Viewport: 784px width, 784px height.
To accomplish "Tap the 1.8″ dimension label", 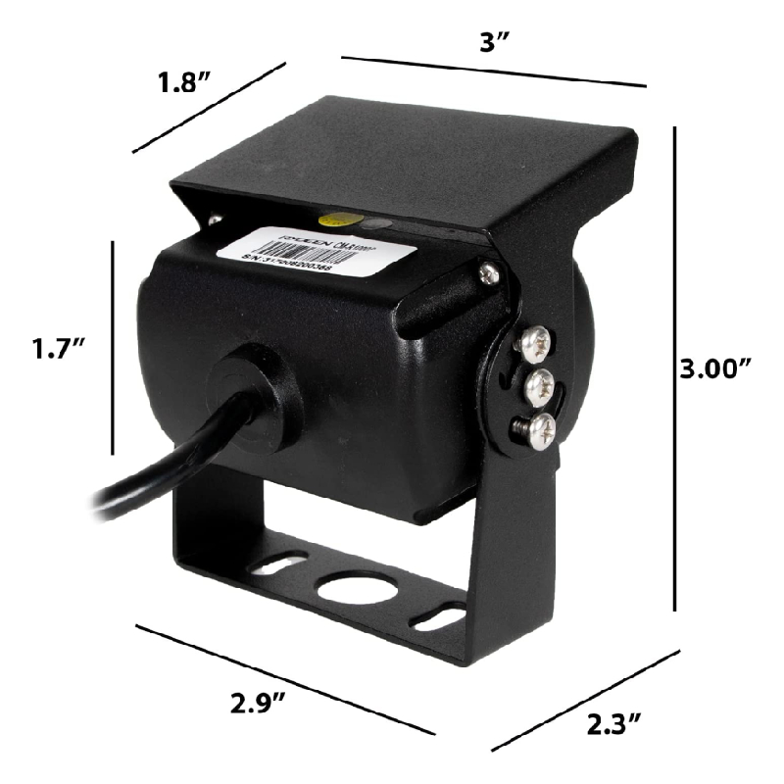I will (x=185, y=82).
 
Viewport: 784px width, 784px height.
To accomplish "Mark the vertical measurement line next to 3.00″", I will (x=675, y=367).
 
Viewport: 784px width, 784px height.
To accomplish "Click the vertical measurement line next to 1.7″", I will (x=114, y=347).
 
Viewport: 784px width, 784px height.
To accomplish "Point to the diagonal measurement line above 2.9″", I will (x=284, y=676).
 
